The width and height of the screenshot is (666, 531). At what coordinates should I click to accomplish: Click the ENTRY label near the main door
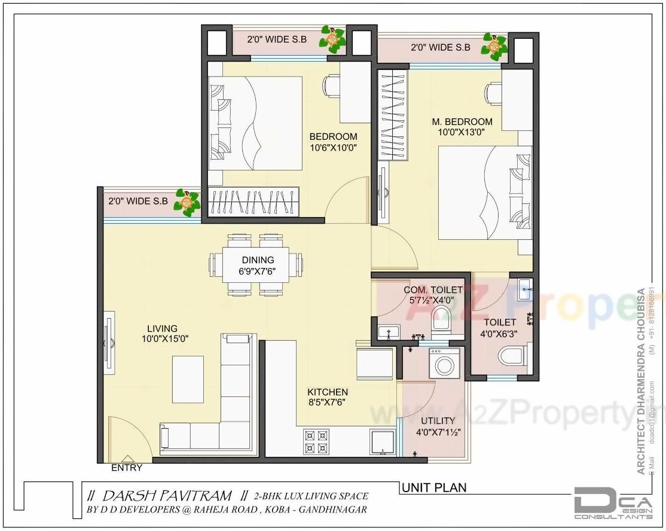click(x=127, y=468)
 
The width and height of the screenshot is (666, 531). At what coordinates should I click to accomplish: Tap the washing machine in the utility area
click(x=444, y=364)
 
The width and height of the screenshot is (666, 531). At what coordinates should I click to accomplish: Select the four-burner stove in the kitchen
click(x=316, y=441)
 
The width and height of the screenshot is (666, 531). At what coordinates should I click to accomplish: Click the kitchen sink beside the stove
click(x=381, y=442)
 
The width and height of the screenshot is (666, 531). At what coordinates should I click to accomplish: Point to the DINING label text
click(x=258, y=260)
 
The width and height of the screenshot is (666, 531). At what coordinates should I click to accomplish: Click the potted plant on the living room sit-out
click(x=187, y=203)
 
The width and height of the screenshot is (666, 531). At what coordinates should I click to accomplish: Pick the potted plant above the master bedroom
click(x=494, y=46)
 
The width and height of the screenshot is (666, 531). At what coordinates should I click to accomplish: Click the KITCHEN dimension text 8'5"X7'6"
click(x=327, y=402)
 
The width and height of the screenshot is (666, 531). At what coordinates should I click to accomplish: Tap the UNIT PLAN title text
click(x=433, y=488)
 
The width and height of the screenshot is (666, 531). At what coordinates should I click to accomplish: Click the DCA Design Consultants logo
click(x=613, y=502)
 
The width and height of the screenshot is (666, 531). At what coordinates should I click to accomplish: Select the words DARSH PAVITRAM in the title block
click(x=167, y=496)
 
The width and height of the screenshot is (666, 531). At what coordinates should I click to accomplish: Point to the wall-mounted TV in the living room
click(x=108, y=343)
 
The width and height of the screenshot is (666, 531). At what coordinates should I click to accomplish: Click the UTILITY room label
click(x=438, y=421)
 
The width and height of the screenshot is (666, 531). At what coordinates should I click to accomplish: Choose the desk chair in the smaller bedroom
click(x=331, y=86)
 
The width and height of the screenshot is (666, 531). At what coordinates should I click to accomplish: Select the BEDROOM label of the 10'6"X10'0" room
click(x=333, y=137)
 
